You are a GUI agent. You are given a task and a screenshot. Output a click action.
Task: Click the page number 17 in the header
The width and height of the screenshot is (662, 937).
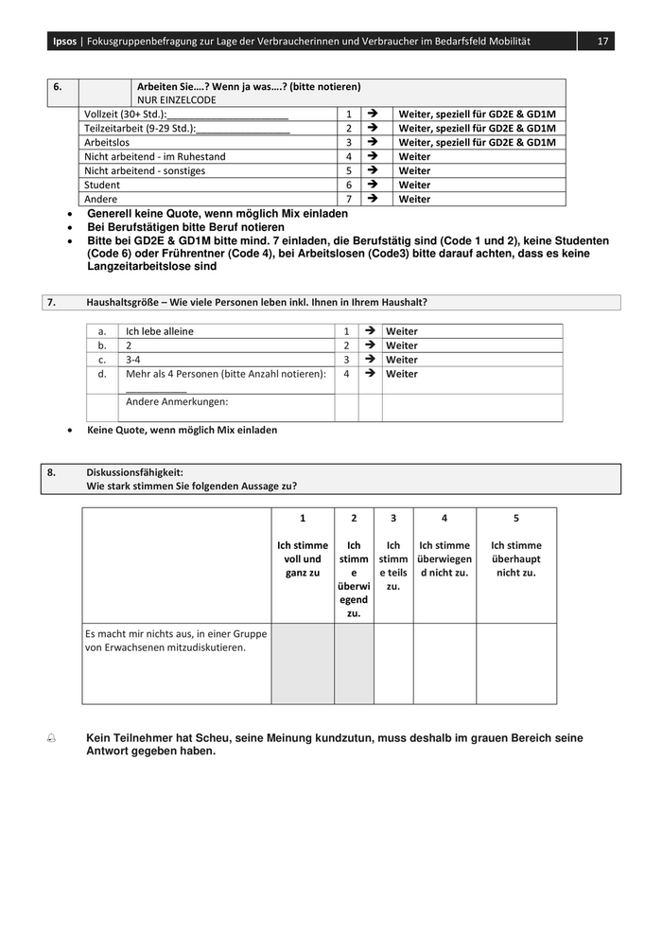(601, 42)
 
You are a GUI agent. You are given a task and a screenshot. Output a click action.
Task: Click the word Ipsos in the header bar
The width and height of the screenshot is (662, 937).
(64, 42)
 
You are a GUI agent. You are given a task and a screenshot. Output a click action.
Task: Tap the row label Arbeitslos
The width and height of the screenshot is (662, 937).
(106, 142)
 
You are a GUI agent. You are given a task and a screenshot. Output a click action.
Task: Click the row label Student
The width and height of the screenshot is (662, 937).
(102, 185)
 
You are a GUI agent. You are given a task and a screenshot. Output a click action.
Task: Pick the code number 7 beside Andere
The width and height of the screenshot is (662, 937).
(348, 199)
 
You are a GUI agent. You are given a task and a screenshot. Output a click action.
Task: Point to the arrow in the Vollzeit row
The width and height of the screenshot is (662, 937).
(372, 114)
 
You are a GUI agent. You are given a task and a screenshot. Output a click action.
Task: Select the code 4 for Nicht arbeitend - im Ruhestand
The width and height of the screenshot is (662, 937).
(348, 156)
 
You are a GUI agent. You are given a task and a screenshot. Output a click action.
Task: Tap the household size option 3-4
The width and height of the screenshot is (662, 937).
(134, 360)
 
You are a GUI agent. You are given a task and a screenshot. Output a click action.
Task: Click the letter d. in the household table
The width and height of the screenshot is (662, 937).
(101, 374)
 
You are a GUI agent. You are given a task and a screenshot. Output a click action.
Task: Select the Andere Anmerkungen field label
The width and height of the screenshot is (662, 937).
(177, 401)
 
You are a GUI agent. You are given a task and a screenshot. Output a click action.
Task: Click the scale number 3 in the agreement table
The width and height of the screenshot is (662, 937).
(393, 518)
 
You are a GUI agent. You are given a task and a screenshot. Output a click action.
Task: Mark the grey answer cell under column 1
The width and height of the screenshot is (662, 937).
(303, 663)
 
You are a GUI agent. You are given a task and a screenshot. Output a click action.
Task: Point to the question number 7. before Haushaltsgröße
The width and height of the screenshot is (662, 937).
(51, 302)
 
